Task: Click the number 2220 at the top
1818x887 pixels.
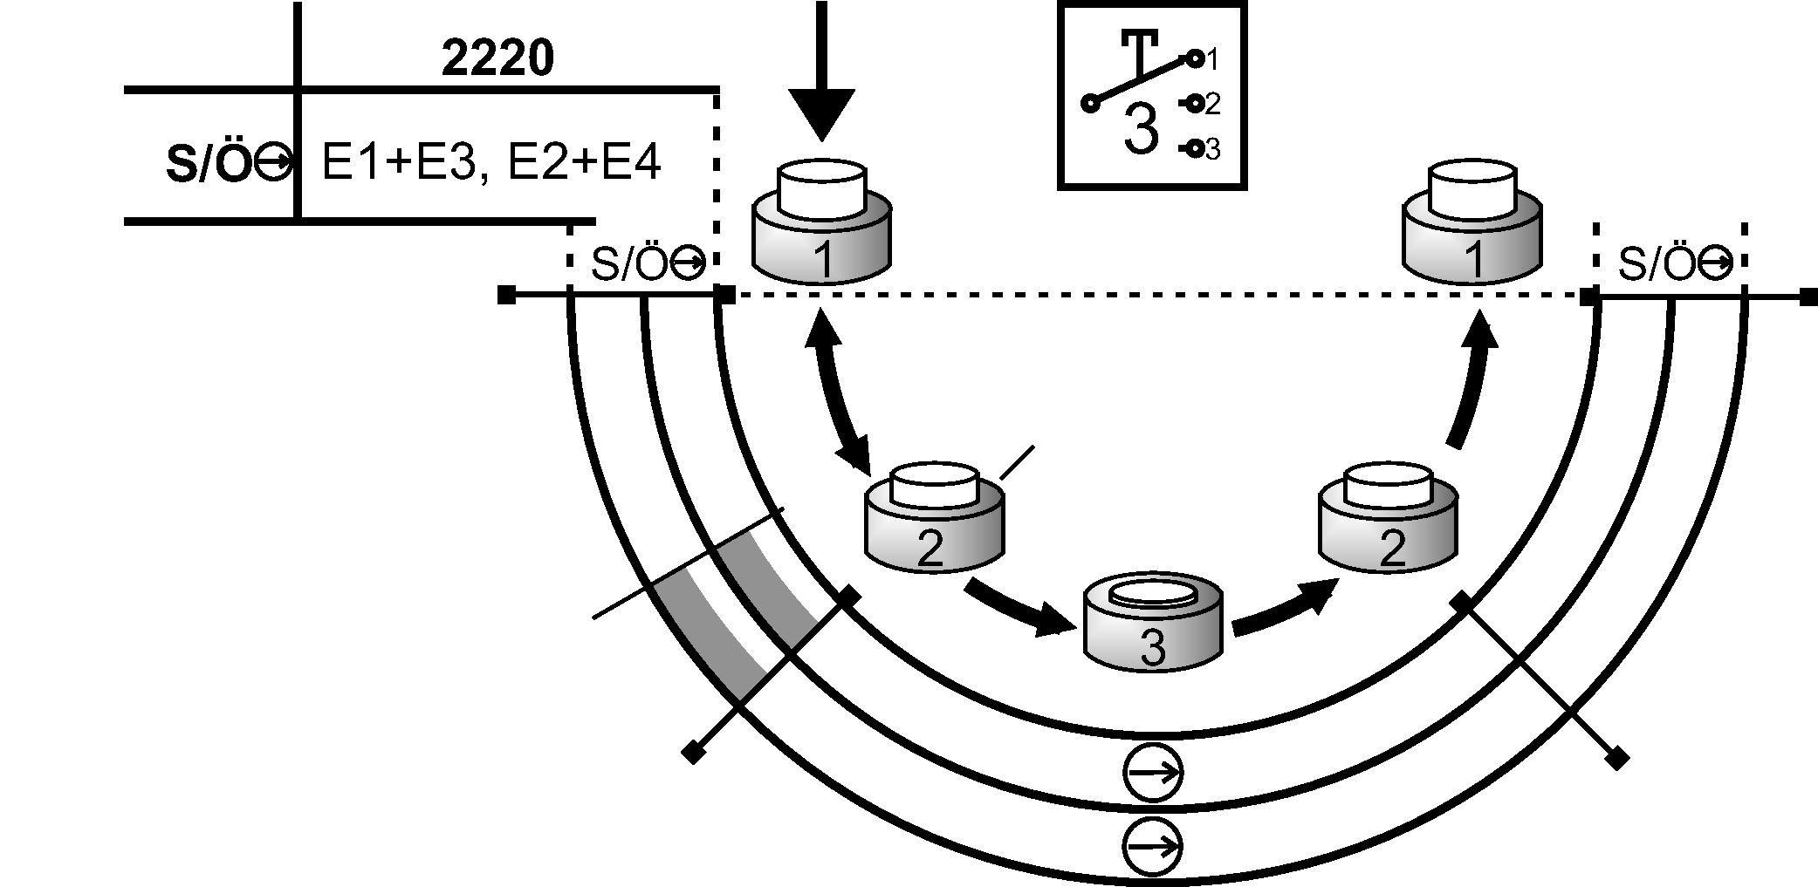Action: coord(497,59)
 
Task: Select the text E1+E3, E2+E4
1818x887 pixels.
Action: coord(491,162)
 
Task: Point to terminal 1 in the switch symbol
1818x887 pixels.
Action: coord(1195,59)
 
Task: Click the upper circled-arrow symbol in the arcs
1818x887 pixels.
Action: coord(1152,772)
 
